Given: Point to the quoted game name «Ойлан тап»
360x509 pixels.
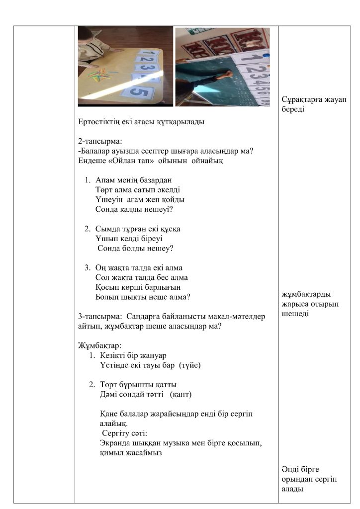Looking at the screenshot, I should click(x=130, y=160).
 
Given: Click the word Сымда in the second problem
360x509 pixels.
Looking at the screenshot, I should click(x=108, y=229).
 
